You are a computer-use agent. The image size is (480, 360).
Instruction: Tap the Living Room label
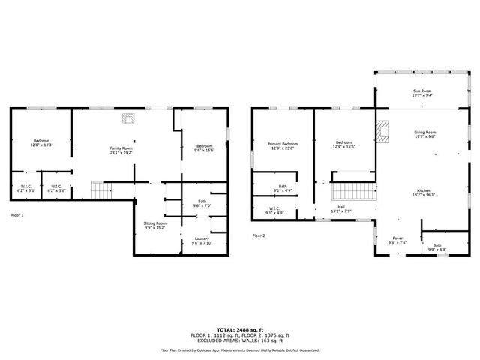(x=425, y=135)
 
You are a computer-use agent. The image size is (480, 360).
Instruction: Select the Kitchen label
(x=425, y=193)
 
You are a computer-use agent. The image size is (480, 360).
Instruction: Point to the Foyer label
(x=397, y=241)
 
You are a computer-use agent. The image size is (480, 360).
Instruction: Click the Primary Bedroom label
(x=283, y=145)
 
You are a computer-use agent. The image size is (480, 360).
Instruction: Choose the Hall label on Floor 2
(x=340, y=209)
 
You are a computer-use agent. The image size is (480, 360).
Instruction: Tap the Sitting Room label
(x=155, y=225)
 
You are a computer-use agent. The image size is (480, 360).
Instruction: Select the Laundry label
(x=202, y=241)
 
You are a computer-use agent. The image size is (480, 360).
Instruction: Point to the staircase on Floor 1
(x=100, y=191)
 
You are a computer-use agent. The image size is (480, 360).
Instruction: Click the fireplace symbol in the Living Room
(x=383, y=132)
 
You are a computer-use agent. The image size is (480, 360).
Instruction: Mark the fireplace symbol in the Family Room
(x=128, y=118)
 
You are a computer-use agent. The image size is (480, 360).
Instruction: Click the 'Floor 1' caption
(x=17, y=216)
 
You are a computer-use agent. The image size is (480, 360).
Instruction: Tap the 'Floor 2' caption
(x=259, y=235)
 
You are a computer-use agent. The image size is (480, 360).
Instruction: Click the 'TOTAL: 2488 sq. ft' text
(x=240, y=329)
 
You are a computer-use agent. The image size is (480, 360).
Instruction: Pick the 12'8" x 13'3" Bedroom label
(x=41, y=143)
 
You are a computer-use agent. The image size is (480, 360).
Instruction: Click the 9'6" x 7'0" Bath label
(x=202, y=203)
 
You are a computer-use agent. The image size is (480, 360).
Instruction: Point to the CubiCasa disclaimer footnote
(x=240, y=349)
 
